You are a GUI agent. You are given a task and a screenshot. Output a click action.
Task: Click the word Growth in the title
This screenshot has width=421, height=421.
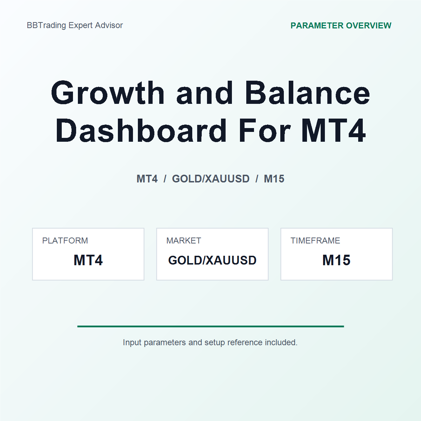pyautogui.click(x=108, y=93)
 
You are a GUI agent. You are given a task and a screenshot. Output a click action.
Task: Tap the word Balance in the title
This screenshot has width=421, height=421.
pyautogui.click(x=307, y=93)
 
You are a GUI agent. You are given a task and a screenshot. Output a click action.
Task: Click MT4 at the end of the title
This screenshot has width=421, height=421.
pyautogui.click(x=333, y=131)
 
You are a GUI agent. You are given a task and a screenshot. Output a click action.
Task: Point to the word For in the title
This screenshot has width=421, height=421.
pyautogui.click(x=265, y=131)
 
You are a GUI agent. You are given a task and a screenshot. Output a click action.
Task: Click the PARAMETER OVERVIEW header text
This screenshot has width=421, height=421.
pyautogui.click(x=341, y=26)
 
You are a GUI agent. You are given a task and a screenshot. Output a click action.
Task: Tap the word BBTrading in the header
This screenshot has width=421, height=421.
pyautogui.click(x=46, y=26)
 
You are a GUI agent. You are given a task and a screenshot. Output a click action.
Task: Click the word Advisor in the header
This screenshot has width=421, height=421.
pyautogui.click(x=109, y=25)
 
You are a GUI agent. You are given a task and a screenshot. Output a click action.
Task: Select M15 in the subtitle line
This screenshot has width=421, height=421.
pyautogui.click(x=274, y=179)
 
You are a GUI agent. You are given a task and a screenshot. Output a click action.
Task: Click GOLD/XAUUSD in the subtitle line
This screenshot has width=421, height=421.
pyautogui.click(x=210, y=179)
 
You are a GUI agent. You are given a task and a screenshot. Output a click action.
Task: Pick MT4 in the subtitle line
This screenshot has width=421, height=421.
pyautogui.click(x=147, y=179)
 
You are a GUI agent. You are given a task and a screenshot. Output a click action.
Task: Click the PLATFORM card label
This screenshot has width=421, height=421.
pyautogui.click(x=65, y=241)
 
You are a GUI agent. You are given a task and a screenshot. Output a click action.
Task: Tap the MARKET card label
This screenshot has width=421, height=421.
pyautogui.click(x=184, y=241)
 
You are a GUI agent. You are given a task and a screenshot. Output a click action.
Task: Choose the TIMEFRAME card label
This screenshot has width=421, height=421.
pyautogui.click(x=315, y=241)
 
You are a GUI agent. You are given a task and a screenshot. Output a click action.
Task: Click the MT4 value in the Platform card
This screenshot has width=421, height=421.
pyautogui.click(x=88, y=260)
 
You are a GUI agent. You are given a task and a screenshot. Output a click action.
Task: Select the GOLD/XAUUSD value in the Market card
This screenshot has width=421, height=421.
pyautogui.click(x=212, y=260)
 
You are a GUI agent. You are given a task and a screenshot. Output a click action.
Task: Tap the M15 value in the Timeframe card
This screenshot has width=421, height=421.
pyautogui.click(x=336, y=260)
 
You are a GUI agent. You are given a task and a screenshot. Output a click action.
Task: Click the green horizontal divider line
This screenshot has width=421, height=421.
pyautogui.click(x=210, y=326)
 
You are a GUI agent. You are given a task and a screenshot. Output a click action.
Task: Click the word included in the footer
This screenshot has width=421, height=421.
pyautogui.click(x=281, y=342)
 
